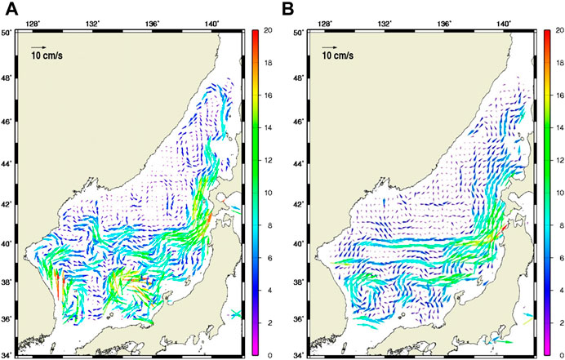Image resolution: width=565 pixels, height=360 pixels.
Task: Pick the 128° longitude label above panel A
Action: (33, 24)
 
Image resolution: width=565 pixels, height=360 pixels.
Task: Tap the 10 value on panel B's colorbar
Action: (557, 193)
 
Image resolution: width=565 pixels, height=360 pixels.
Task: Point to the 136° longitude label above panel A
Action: (153, 24)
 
